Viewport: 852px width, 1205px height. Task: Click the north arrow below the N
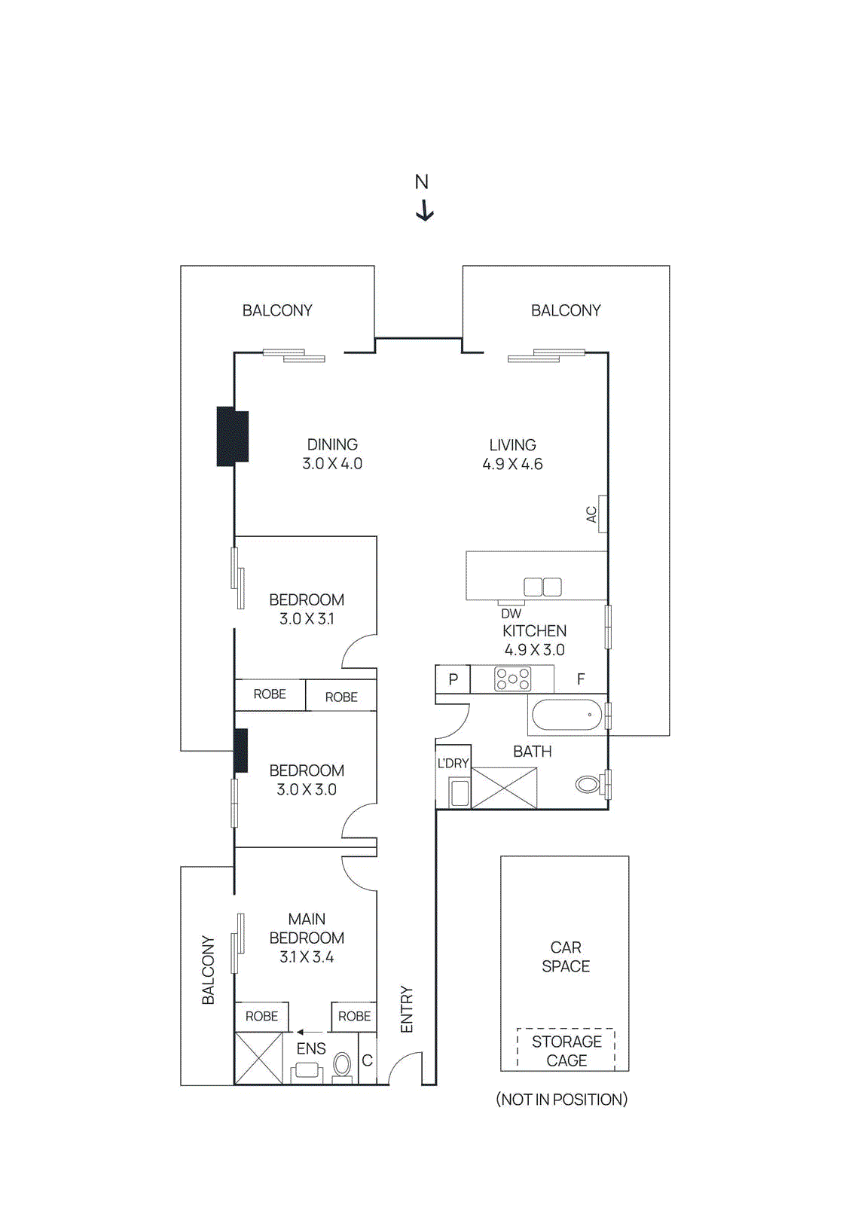click(425, 210)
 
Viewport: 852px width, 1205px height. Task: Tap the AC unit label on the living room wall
click(591, 514)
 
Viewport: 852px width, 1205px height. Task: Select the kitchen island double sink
click(542, 587)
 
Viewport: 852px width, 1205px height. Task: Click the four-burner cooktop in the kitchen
click(512, 679)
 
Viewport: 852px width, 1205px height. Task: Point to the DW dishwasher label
click(511, 614)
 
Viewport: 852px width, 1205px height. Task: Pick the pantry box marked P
click(453, 679)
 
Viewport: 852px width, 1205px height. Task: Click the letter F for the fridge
click(581, 679)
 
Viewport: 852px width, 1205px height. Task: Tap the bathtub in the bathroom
click(567, 715)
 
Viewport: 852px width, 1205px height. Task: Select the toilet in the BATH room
click(588, 784)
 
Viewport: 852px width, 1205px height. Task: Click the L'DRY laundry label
click(453, 763)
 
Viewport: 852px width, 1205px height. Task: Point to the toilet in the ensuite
click(342, 1066)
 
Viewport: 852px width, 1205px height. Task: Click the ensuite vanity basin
click(307, 1070)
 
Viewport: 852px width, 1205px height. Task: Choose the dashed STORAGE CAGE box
click(566, 1049)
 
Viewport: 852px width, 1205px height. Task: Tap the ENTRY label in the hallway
click(407, 1009)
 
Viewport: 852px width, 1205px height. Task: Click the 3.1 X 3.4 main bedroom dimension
click(307, 956)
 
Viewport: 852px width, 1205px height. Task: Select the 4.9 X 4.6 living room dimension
click(512, 464)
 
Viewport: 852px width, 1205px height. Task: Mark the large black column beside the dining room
click(233, 437)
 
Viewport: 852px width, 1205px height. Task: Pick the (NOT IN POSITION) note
click(561, 1100)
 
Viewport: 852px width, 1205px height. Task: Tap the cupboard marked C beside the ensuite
click(367, 1060)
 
